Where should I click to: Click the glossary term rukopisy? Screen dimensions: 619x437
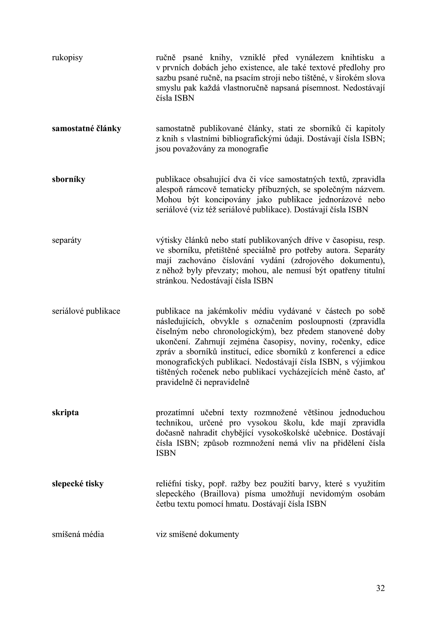[x=67, y=58]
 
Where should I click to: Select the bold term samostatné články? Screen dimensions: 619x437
[x=86, y=129]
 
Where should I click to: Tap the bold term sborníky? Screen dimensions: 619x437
[x=69, y=179]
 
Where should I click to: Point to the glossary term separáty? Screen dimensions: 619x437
[x=67, y=240]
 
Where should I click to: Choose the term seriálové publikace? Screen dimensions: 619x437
[x=86, y=311]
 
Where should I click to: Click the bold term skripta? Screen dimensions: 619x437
[x=65, y=412]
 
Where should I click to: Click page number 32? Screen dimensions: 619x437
[x=380, y=588]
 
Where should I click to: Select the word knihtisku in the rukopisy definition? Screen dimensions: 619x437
[x=357, y=58]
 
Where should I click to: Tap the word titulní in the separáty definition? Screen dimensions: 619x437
[x=374, y=271]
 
